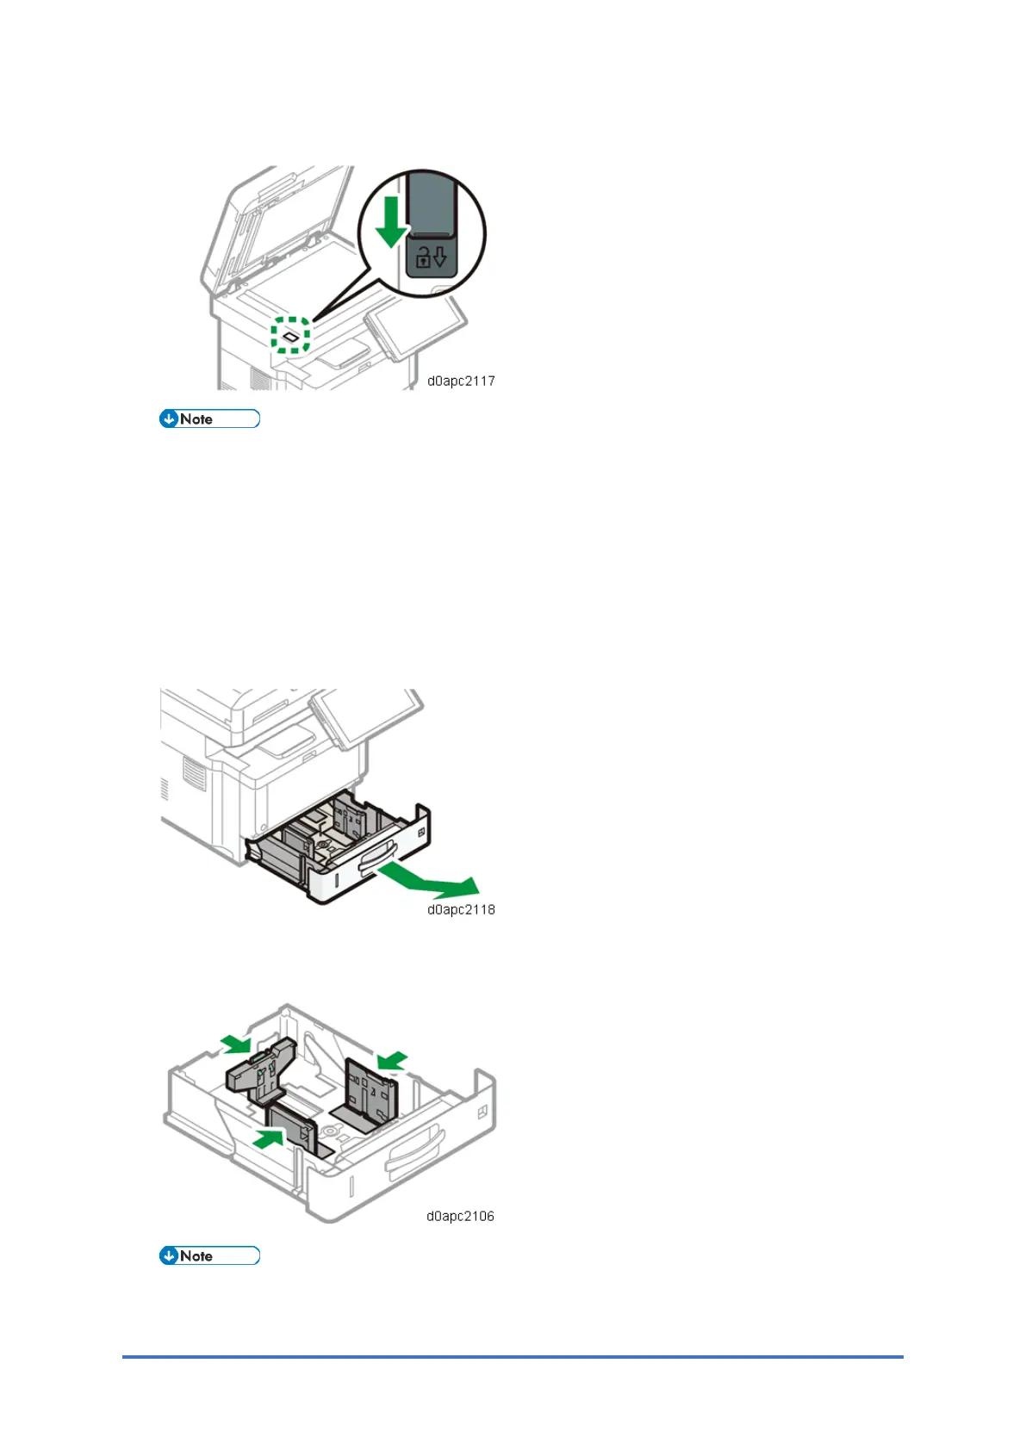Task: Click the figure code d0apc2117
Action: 461,381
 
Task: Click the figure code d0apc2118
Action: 461,909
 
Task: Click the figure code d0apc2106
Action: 460,1216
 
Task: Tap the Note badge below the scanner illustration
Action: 209,419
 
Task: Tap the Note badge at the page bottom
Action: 209,1255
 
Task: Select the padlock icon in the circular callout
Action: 424,257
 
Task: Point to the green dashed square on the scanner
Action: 290,334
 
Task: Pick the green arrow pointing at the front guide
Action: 270,1138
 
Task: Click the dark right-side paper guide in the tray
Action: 371,1092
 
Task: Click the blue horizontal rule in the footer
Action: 513,1357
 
